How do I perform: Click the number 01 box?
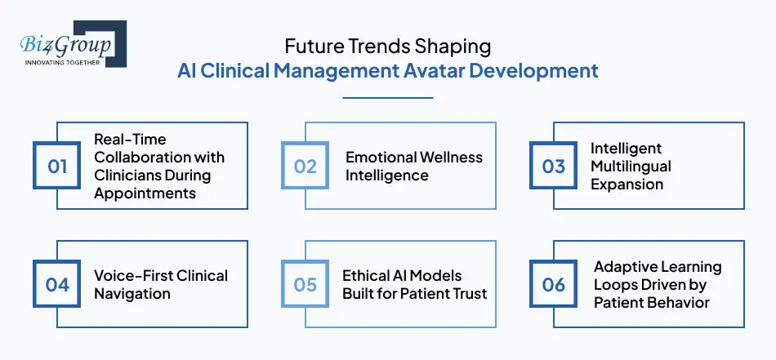click(57, 167)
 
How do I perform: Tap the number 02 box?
click(305, 167)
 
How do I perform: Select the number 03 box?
click(554, 167)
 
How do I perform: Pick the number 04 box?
click(57, 284)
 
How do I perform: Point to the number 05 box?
click(305, 284)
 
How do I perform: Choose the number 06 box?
click(554, 284)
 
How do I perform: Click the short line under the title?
click(388, 98)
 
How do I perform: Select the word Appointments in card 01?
click(145, 193)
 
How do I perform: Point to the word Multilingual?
click(631, 167)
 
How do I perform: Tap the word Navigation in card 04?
click(132, 293)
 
